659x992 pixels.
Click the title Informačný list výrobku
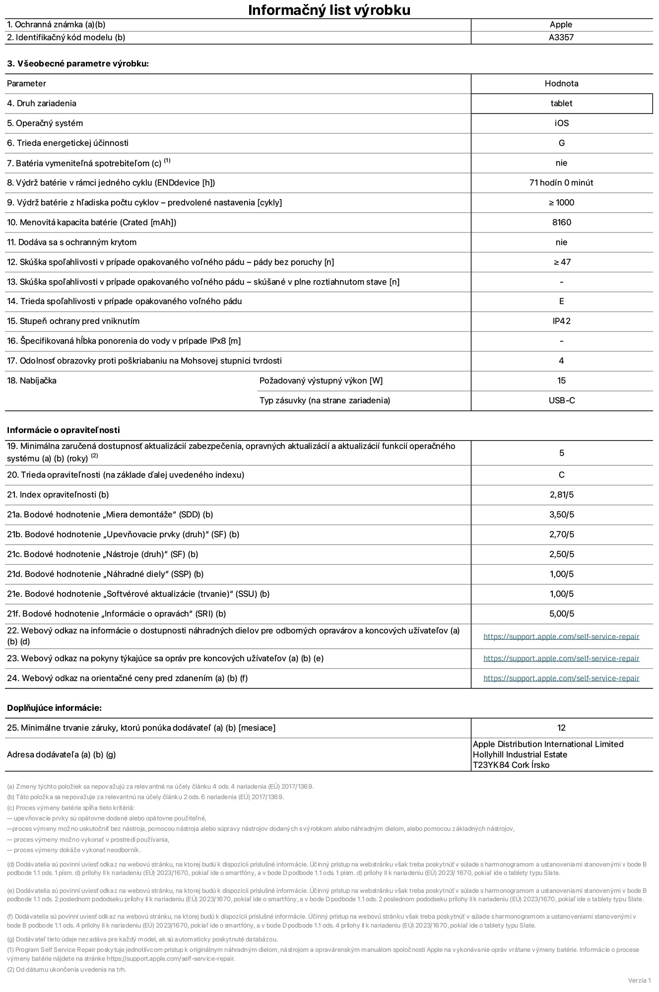coord(329,10)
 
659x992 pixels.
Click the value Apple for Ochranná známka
coord(561,25)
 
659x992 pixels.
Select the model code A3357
coord(561,37)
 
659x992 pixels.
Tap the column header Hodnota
coord(561,83)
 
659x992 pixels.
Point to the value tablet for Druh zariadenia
coord(561,103)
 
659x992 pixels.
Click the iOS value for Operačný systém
coord(561,123)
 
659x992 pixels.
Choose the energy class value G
coord(561,143)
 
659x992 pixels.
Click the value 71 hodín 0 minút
coord(561,183)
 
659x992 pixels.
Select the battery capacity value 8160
coord(561,222)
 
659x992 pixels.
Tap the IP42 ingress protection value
coord(561,321)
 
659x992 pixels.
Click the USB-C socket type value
coord(561,400)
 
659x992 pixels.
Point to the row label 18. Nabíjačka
coord(32,380)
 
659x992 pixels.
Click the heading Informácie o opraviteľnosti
coord(64,430)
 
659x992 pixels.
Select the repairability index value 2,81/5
coord(561,495)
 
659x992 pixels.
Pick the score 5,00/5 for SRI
coord(561,614)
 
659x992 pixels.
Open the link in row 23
coord(561,658)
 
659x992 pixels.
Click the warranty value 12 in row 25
coord(561,728)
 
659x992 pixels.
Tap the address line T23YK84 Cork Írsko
coord(511,765)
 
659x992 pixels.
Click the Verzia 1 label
coord(639,980)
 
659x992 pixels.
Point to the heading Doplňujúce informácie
coord(54,708)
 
